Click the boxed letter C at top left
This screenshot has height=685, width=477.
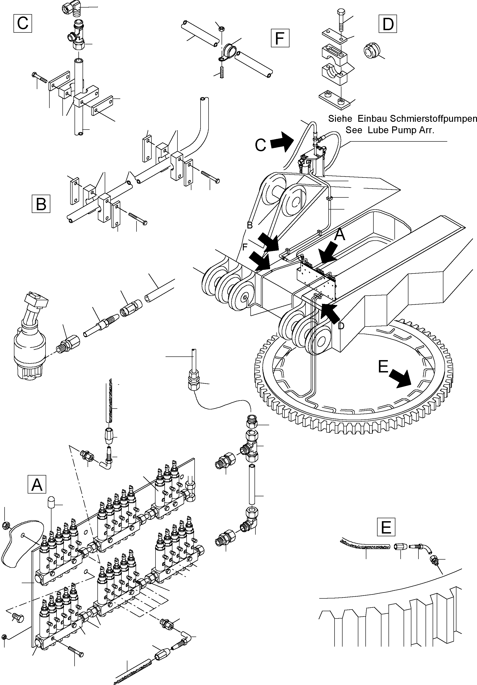click(23, 23)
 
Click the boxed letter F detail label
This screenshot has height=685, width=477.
click(280, 38)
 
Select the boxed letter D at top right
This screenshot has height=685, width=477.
click(388, 24)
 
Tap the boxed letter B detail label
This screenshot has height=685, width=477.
click(41, 204)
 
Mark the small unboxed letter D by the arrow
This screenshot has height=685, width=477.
click(341, 326)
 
